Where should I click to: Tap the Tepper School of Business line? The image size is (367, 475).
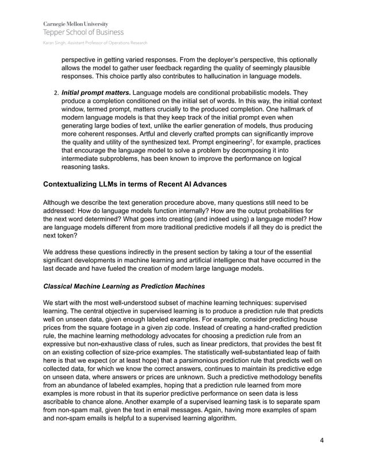(83, 32)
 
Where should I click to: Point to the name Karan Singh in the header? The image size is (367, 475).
(53, 43)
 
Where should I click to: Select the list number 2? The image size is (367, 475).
(56, 92)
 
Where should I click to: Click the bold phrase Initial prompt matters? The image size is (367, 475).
(96, 92)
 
